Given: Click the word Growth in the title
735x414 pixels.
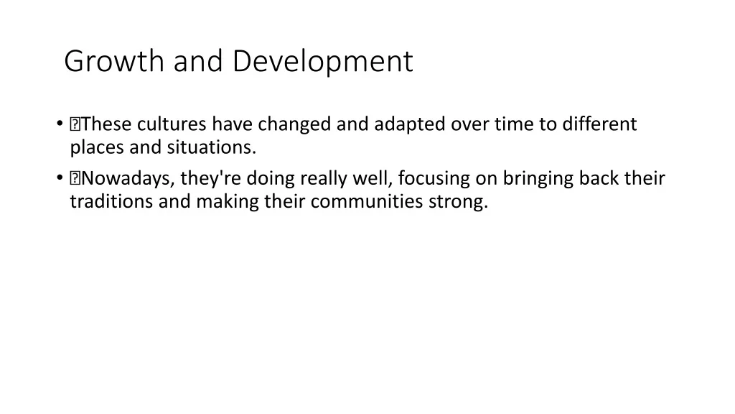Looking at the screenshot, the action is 114,61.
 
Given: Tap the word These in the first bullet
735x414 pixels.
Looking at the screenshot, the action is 106,124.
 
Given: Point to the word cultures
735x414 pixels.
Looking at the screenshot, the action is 172,124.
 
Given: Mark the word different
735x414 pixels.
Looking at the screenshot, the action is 599,124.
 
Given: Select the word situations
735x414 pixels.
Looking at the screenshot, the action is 212,147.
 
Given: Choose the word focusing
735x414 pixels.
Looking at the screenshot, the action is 434,179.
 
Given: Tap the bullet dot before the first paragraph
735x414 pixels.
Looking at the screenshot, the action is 60,124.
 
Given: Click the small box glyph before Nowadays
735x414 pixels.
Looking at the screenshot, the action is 75,178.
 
